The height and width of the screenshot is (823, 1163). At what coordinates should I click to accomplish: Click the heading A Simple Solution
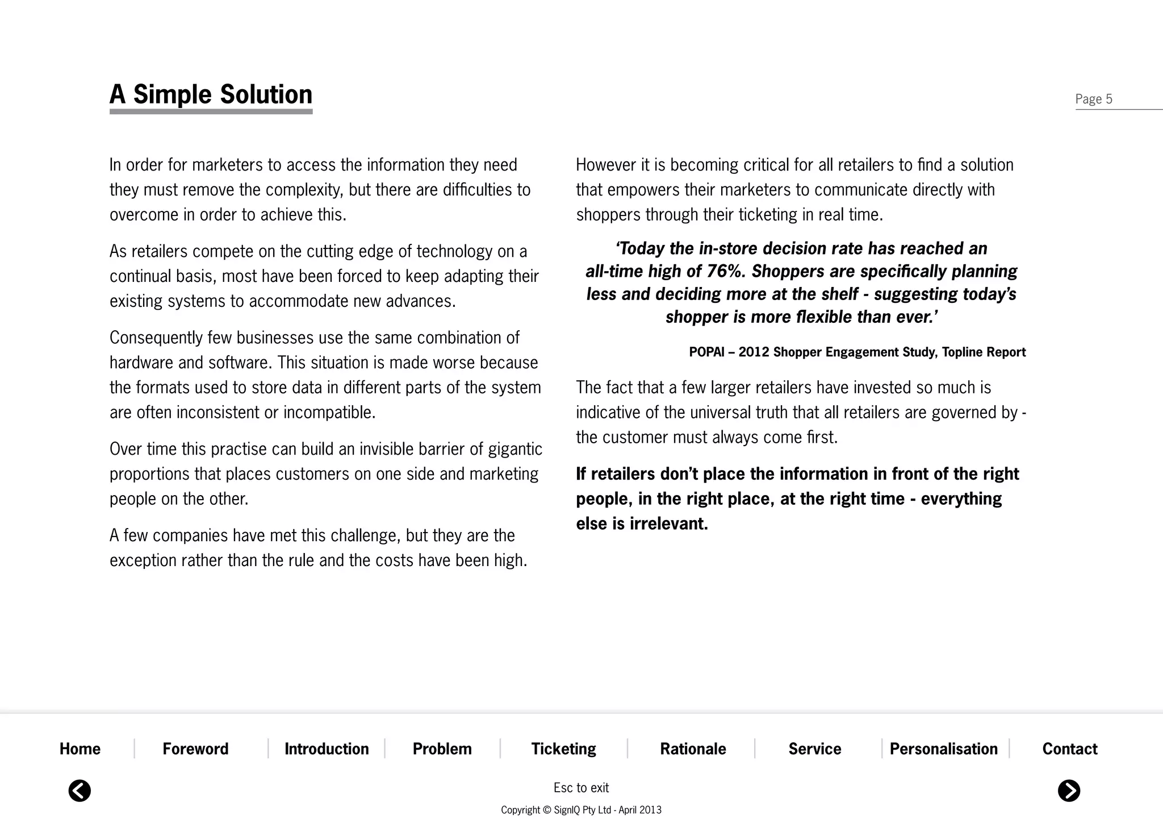pos(211,94)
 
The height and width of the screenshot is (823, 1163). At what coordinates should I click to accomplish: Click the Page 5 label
pos(1093,99)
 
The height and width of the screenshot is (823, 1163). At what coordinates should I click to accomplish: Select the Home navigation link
pos(80,749)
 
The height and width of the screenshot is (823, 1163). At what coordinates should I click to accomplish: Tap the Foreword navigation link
pos(195,749)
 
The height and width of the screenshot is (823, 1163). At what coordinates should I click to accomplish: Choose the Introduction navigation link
pos(327,749)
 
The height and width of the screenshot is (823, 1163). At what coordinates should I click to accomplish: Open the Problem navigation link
pos(442,749)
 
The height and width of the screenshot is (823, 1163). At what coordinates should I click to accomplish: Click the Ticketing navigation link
pos(563,749)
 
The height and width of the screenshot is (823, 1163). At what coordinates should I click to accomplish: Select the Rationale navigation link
pos(693,749)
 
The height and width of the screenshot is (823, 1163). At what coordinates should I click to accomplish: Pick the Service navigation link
pos(814,749)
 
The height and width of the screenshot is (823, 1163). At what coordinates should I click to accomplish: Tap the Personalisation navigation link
pos(943,749)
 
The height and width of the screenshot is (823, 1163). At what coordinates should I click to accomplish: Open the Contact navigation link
pos(1069,749)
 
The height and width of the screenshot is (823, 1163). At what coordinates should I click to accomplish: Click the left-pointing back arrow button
pos(80,791)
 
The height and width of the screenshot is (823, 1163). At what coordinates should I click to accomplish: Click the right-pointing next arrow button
pos(1069,791)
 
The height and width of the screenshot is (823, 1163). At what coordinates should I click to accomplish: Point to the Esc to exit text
pos(581,788)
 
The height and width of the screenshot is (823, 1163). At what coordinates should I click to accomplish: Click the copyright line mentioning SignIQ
pos(581,810)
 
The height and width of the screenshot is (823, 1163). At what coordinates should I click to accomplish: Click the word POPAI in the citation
pos(706,352)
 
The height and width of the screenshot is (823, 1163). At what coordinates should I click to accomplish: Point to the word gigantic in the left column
pos(515,449)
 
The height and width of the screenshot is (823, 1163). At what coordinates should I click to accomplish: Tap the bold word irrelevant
pos(668,523)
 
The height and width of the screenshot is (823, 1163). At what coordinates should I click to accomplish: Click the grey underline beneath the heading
pos(211,112)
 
